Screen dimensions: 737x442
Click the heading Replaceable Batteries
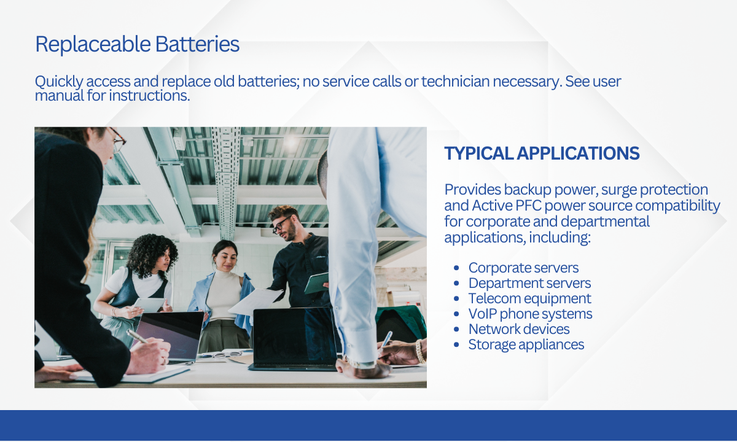click(x=137, y=44)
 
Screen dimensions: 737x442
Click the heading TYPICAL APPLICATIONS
click(x=542, y=153)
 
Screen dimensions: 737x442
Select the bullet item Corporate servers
click(x=523, y=268)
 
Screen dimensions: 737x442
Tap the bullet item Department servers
click(x=529, y=283)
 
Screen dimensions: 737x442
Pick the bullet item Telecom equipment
click(x=529, y=298)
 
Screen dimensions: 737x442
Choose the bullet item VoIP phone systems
click(x=530, y=314)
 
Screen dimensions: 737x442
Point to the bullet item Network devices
click(x=519, y=329)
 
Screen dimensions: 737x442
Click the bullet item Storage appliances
click(x=526, y=344)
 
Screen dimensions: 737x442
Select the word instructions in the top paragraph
click(x=149, y=96)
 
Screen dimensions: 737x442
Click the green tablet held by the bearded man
click(x=316, y=283)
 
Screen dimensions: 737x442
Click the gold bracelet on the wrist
click(x=419, y=351)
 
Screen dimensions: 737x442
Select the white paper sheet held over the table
click(x=255, y=301)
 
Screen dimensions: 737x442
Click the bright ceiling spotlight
click(x=291, y=142)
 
